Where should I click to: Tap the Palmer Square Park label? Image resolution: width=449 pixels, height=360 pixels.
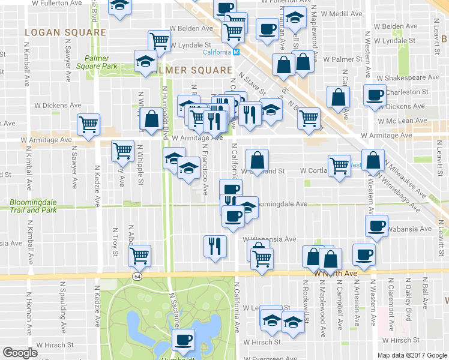101,62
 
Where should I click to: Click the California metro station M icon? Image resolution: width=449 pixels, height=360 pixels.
237,52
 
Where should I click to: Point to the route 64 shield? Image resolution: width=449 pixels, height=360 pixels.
137,275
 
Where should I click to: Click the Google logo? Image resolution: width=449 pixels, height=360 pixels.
20,353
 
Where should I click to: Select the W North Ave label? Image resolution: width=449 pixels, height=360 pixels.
336,274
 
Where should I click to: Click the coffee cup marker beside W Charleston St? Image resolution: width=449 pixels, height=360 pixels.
375,95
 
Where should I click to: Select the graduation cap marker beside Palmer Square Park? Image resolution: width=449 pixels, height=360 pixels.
145,61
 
